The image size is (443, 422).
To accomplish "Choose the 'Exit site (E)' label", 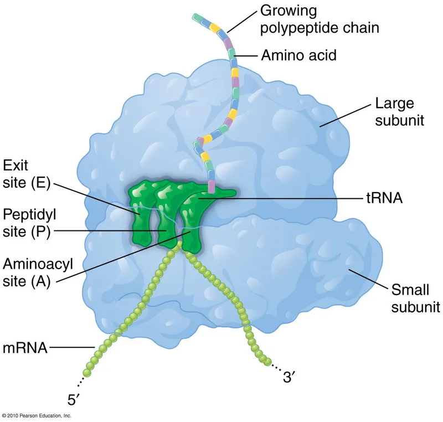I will (26, 174).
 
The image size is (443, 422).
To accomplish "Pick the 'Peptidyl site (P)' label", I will (26, 223).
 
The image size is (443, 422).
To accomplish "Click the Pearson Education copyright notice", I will (37, 415).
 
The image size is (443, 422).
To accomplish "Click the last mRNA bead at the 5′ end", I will (87, 370).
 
